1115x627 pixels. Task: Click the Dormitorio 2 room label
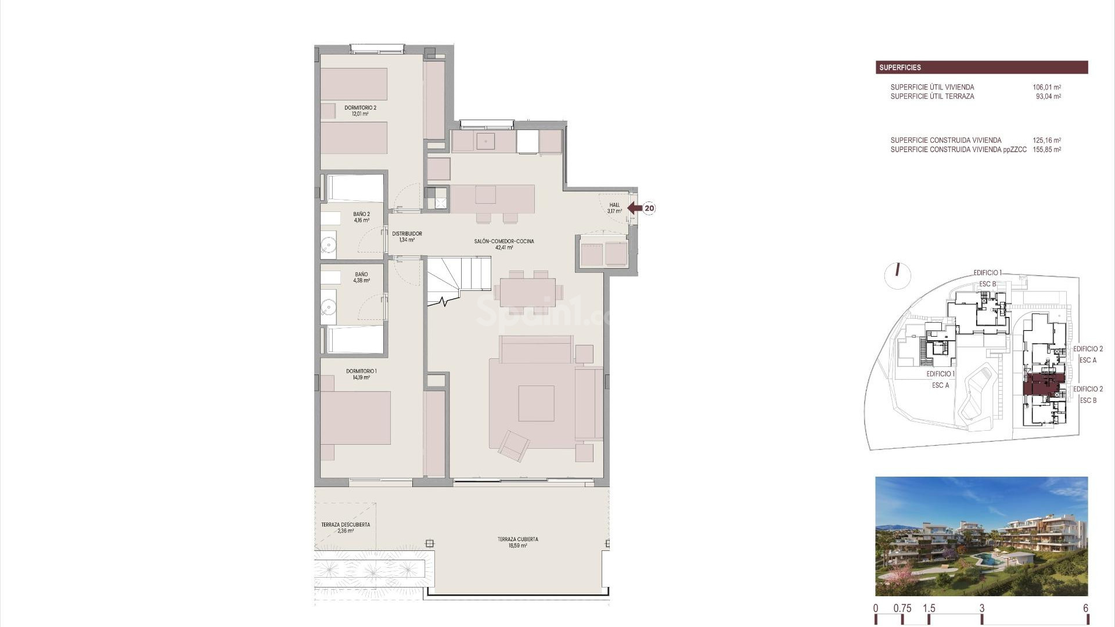(x=360, y=110)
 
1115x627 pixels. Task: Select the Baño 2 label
(x=361, y=217)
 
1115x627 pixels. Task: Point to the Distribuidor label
(x=407, y=236)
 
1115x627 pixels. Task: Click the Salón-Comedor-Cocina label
(x=503, y=244)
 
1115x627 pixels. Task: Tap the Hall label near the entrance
(x=614, y=208)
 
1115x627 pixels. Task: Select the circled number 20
(x=649, y=208)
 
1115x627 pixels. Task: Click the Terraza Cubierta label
(x=517, y=542)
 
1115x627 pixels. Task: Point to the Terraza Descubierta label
(x=345, y=527)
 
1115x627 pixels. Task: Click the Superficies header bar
(x=981, y=67)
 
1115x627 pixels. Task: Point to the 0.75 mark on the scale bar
(x=902, y=609)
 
